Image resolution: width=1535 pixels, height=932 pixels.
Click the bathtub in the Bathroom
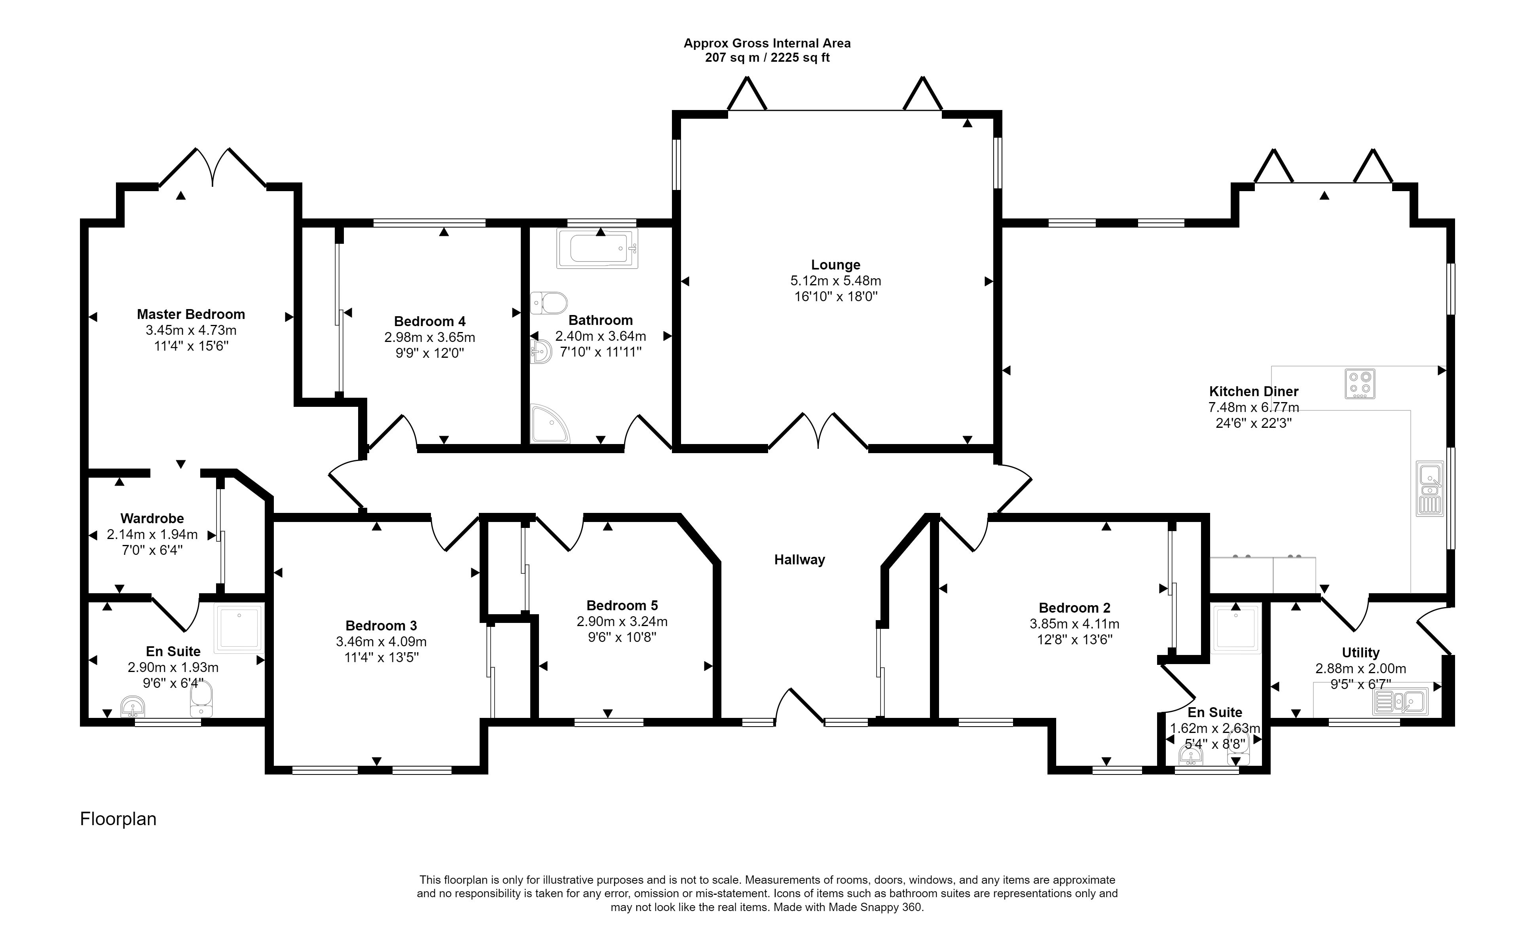pyautogui.click(x=598, y=249)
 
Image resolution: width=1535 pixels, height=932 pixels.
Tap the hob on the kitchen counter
pyautogui.click(x=1360, y=384)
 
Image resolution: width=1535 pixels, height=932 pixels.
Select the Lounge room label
pyautogui.click(x=835, y=265)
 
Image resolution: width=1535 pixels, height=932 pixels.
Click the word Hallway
pyautogui.click(x=799, y=560)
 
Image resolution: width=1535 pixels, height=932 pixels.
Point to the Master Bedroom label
pyautogui.click(x=191, y=314)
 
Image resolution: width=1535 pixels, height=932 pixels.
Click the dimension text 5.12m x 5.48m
pyautogui.click(x=835, y=281)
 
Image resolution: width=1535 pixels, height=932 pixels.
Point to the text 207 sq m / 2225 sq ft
pyautogui.click(x=767, y=58)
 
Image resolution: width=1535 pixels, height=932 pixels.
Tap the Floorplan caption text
pyautogui.click(x=118, y=818)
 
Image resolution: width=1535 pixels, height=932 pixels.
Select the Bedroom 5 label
pyautogui.click(x=622, y=605)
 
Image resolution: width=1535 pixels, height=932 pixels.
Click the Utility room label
pyautogui.click(x=1360, y=652)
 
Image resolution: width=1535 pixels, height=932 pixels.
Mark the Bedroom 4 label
pyautogui.click(x=429, y=321)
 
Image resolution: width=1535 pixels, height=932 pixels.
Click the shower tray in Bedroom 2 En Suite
pyautogui.click(x=1236, y=628)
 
